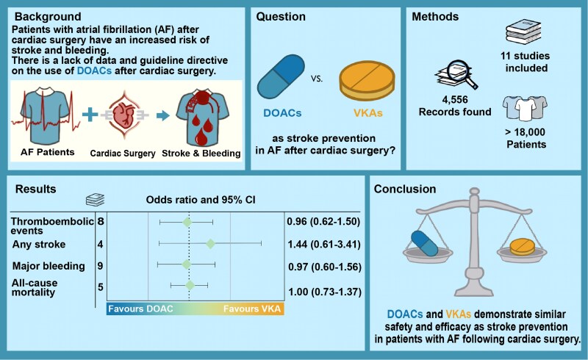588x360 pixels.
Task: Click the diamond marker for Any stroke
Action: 210,242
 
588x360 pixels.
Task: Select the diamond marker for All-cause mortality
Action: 190,284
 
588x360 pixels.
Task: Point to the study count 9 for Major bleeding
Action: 99,264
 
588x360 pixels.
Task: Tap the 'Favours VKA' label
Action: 251,309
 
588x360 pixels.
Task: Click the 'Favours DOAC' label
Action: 141,309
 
